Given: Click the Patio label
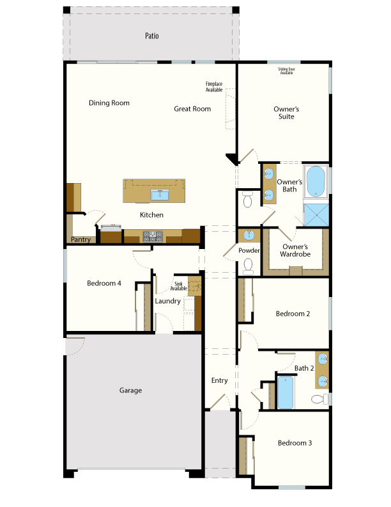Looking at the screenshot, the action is tap(151, 36).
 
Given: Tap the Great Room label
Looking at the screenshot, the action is tap(192, 109).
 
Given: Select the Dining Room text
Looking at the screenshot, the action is tap(109, 103).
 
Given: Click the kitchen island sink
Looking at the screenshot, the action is tap(160, 195).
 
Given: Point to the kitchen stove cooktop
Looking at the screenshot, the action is tap(153, 236).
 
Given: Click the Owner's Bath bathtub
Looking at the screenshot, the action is tap(316, 181).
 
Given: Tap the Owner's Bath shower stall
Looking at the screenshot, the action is tap(316, 215).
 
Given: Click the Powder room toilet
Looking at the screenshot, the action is tap(248, 266).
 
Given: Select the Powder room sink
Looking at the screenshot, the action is tap(249, 236).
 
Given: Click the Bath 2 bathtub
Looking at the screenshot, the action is tap(286, 392).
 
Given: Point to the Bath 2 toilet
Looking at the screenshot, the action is tap(319, 399).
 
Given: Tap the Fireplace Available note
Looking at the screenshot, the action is tap(214, 86).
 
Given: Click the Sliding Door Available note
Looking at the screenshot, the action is tap(286, 71).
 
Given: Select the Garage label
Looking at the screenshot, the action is tap(131, 390).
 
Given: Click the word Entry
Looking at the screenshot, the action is tap(219, 381).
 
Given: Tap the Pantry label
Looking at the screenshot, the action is tap(80, 239).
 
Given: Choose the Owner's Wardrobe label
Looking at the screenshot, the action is tap(295, 250).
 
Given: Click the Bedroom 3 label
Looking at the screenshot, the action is tap(295, 443).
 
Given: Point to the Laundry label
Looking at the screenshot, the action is tap(168, 301).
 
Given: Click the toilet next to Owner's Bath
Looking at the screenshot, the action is tap(247, 200).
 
